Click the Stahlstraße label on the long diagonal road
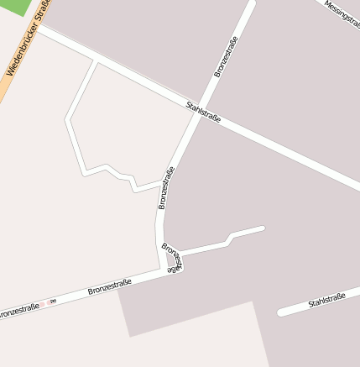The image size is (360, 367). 203,113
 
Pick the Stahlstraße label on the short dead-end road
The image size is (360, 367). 326,300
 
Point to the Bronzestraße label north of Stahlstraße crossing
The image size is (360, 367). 226,56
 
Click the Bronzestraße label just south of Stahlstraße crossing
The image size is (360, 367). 166,187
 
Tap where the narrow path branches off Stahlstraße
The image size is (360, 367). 97,59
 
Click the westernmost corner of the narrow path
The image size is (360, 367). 67,120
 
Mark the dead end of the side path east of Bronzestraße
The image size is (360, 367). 262,228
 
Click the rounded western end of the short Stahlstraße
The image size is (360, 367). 281,313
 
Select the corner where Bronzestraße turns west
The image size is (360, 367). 163,270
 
